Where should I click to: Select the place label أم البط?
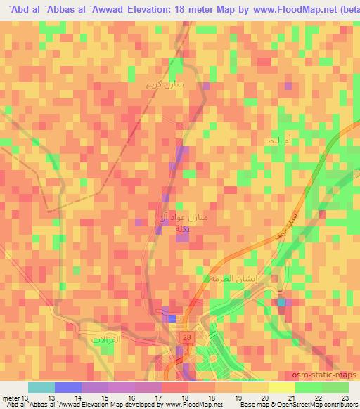(274, 142)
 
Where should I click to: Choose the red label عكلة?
(181, 229)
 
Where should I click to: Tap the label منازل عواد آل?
(182, 219)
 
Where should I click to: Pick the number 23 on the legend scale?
(345, 397)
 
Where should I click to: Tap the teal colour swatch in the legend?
(41, 387)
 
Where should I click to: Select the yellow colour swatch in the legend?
(283, 387)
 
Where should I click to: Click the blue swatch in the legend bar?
(67, 387)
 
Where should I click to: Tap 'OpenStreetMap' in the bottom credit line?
(289, 405)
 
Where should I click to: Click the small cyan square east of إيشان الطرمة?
(281, 302)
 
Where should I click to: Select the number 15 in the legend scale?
(95, 397)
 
